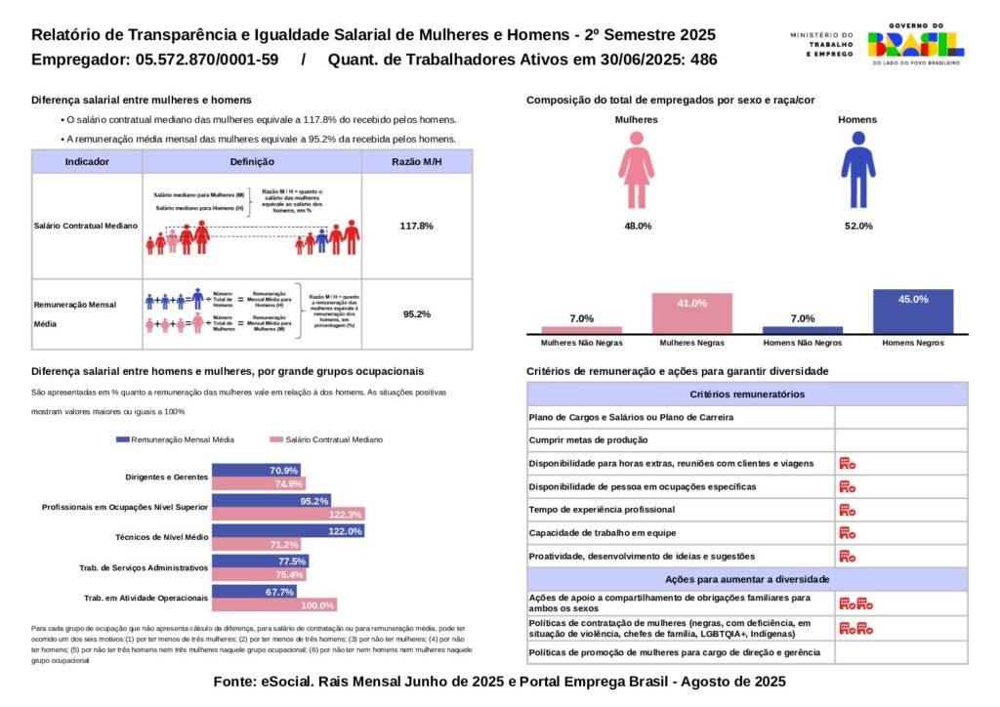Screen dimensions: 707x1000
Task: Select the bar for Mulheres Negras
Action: point(692,313)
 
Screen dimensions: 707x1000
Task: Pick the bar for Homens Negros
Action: point(913,312)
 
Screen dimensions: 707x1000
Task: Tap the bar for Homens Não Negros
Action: point(803,330)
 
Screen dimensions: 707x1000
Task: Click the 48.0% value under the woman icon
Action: point(637,226)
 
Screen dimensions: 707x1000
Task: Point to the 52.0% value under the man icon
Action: point(857,226)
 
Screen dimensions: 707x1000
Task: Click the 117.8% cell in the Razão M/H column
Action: point(416,226)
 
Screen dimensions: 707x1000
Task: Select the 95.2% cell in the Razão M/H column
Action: point(416,314)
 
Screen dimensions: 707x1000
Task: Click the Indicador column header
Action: point(87,162)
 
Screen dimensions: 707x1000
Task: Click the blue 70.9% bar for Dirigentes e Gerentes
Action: point(257,471)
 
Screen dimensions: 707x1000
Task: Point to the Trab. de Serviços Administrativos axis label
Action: point(144,567)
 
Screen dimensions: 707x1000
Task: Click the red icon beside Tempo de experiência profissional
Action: point(848,510)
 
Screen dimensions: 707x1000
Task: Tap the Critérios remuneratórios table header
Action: point(747,395)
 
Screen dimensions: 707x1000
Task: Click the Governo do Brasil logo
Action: point(915,44)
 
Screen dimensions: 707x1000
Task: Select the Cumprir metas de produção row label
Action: point(582,440)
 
